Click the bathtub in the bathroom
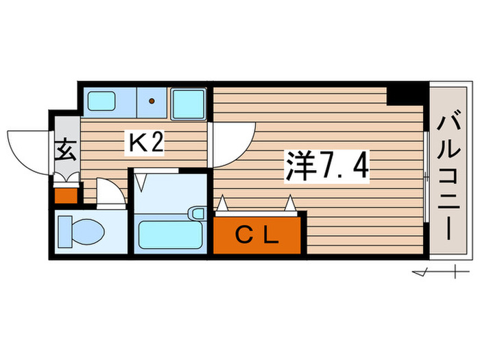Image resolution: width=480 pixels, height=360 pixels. (x=169, y=234)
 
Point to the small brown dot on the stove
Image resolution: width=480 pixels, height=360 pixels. (x=152, y=102)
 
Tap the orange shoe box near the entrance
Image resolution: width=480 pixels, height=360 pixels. (x=67, y=194)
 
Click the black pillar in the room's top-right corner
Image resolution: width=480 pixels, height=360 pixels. (x=406, y=93)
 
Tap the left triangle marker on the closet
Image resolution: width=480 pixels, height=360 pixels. (x=222, y=204)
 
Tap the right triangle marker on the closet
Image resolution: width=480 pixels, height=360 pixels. (x=291, y=204)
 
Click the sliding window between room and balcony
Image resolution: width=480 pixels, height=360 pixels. (x=426, y=175)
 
